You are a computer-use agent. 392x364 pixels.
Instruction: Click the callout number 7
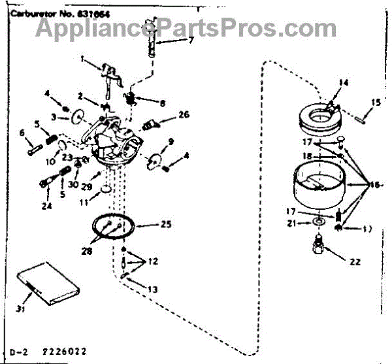(x=191, y=40)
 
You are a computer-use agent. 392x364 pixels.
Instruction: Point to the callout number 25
(x=166, y=225)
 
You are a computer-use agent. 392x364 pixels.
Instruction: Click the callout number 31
(x=20, y=309)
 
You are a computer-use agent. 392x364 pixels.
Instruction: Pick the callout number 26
(x=184, y=114)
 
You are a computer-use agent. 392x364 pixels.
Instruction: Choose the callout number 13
(x=152, y=289)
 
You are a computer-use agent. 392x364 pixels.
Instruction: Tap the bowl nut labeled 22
(x=318, y=249)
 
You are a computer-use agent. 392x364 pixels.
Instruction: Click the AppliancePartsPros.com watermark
(x=186, y=28)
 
